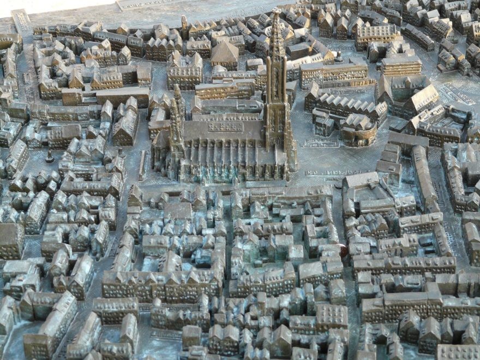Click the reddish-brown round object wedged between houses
[343, 250]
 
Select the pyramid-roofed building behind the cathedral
[224, 53]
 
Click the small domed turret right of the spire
[339, 57]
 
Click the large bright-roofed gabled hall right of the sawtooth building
[421, 99]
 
